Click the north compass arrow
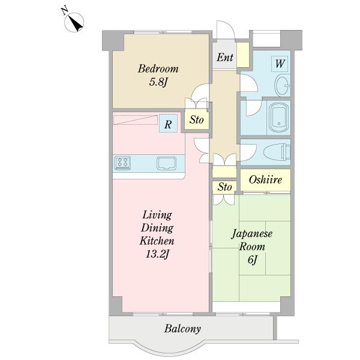pos(74,22)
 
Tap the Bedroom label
pos(158,68)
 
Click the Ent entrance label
pos(225,58)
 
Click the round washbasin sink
pos(281,85)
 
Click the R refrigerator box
pos(169,125)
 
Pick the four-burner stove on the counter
pos(124,162)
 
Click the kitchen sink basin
pos(166,163)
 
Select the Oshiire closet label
pos(265,179)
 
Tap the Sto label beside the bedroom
pos(197,120)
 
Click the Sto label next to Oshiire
pos(224,187)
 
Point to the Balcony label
pos(182,329)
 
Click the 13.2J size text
pos(157,254)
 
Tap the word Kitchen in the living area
pos(157,241)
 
